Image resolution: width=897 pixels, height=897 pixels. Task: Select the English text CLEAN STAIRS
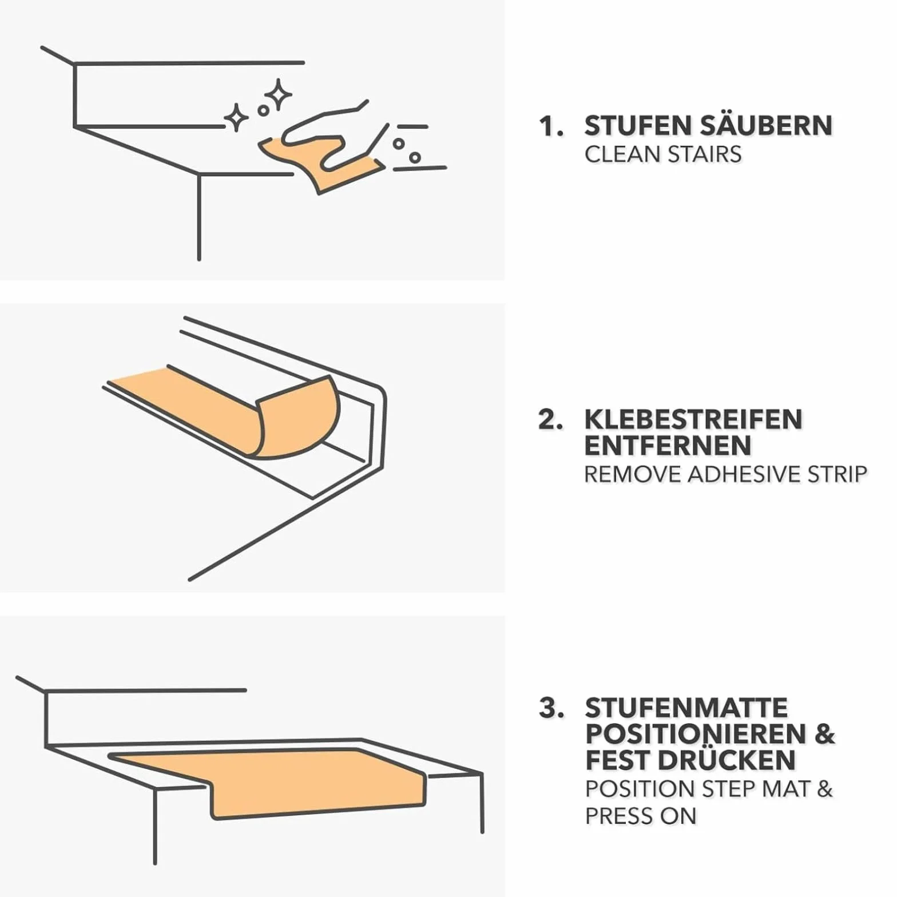663,154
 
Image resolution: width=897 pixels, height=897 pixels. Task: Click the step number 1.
550,126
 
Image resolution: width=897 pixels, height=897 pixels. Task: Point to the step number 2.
550,420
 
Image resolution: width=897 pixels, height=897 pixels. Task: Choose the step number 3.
551,708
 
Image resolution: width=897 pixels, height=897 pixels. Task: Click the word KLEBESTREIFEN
693,420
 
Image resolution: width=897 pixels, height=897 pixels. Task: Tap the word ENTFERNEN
668,446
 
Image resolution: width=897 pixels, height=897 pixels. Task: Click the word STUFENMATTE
686,708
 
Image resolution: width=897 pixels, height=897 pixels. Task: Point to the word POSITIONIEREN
696,735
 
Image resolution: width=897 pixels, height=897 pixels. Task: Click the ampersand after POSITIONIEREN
824,735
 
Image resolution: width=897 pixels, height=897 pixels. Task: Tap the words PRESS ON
640,816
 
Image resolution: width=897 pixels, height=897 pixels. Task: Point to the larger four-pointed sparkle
279,94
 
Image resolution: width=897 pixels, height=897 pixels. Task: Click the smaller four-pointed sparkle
236,117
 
